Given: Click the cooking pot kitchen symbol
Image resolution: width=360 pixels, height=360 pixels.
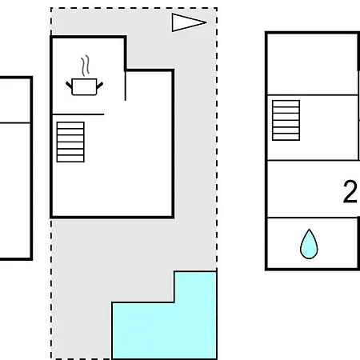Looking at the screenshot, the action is click(84, 86).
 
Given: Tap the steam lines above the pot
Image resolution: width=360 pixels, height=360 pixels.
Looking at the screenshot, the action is click(85, 66).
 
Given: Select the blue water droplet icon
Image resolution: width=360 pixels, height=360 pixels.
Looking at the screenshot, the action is click(309, 244).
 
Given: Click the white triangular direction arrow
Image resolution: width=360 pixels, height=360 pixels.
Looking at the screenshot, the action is click(189, 22).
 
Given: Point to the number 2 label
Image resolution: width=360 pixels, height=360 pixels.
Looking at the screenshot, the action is click(350, 191).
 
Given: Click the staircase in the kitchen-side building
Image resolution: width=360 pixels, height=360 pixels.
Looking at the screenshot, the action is click(70, 142).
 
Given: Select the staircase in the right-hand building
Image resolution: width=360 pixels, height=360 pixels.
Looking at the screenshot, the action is click(286, 120).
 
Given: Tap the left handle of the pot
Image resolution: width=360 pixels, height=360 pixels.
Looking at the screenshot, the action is click(69, 86).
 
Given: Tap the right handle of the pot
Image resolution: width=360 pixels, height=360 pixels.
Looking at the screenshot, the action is click(100, 86).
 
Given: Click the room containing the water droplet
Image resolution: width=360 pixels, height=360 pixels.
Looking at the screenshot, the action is click(312, 244).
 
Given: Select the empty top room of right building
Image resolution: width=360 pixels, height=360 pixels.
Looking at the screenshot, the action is click(312, 64).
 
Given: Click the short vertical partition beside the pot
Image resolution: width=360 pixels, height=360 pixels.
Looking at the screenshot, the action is click(126, 86).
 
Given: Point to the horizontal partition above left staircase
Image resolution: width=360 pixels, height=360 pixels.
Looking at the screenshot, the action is click(78, 114).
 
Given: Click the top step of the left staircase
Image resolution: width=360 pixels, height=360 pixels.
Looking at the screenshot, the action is click(70, 126).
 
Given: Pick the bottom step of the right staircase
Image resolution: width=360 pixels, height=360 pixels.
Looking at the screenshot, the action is click(286, 137).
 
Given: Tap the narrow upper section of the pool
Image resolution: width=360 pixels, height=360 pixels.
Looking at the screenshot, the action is click(195, 286).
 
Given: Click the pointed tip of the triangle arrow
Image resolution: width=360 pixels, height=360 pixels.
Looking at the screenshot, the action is click(206, 22).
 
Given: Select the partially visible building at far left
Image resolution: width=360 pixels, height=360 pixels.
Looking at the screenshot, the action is click(16, 168).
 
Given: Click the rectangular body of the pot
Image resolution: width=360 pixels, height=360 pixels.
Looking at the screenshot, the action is click(84, 86).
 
